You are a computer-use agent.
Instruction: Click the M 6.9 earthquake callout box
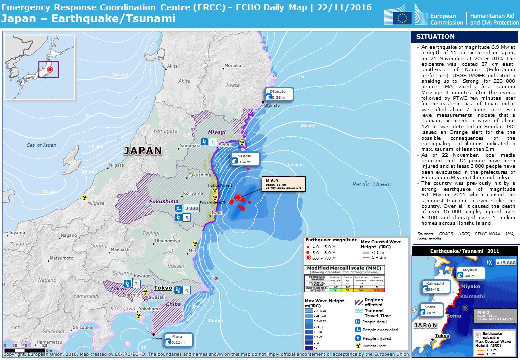(284, 183)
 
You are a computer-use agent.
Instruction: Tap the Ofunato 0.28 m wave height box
(279, 95)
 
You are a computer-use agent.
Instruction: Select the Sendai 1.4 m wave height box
(245, 159)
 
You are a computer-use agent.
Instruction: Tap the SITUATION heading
(435, 37)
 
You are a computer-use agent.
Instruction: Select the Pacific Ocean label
(372, 184)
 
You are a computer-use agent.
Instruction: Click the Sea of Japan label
(41, 145)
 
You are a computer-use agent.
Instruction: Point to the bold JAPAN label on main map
(143, 150)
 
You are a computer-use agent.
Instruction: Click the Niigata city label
(116, 165)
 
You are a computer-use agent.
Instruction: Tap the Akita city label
(172, 66)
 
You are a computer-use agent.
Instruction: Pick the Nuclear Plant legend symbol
(358, 346)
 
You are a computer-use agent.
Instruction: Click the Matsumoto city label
(61, 258)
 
